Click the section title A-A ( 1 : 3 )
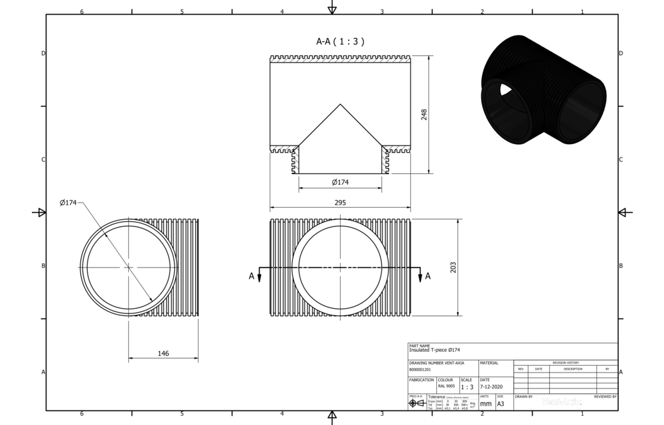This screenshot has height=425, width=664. [340, 41]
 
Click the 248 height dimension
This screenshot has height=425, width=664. [424, 114]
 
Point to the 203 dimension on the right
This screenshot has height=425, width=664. [454, 267]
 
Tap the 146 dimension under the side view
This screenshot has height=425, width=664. [163, 353]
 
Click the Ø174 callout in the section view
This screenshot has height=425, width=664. [340, 182]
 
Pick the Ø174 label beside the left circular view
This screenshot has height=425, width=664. [69, 203]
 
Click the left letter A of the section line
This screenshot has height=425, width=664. [251, 276]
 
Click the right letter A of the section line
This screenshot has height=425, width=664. [428, 276]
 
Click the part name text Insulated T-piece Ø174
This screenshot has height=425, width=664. [434, 350]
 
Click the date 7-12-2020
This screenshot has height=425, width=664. [492, 386]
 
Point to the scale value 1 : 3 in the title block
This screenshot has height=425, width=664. [467, 387]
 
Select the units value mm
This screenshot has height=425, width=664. [486, 403]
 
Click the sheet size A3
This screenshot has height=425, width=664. [501, 403]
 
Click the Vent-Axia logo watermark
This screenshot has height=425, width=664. [562, 401]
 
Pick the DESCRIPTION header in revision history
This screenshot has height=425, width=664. [572, 369]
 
